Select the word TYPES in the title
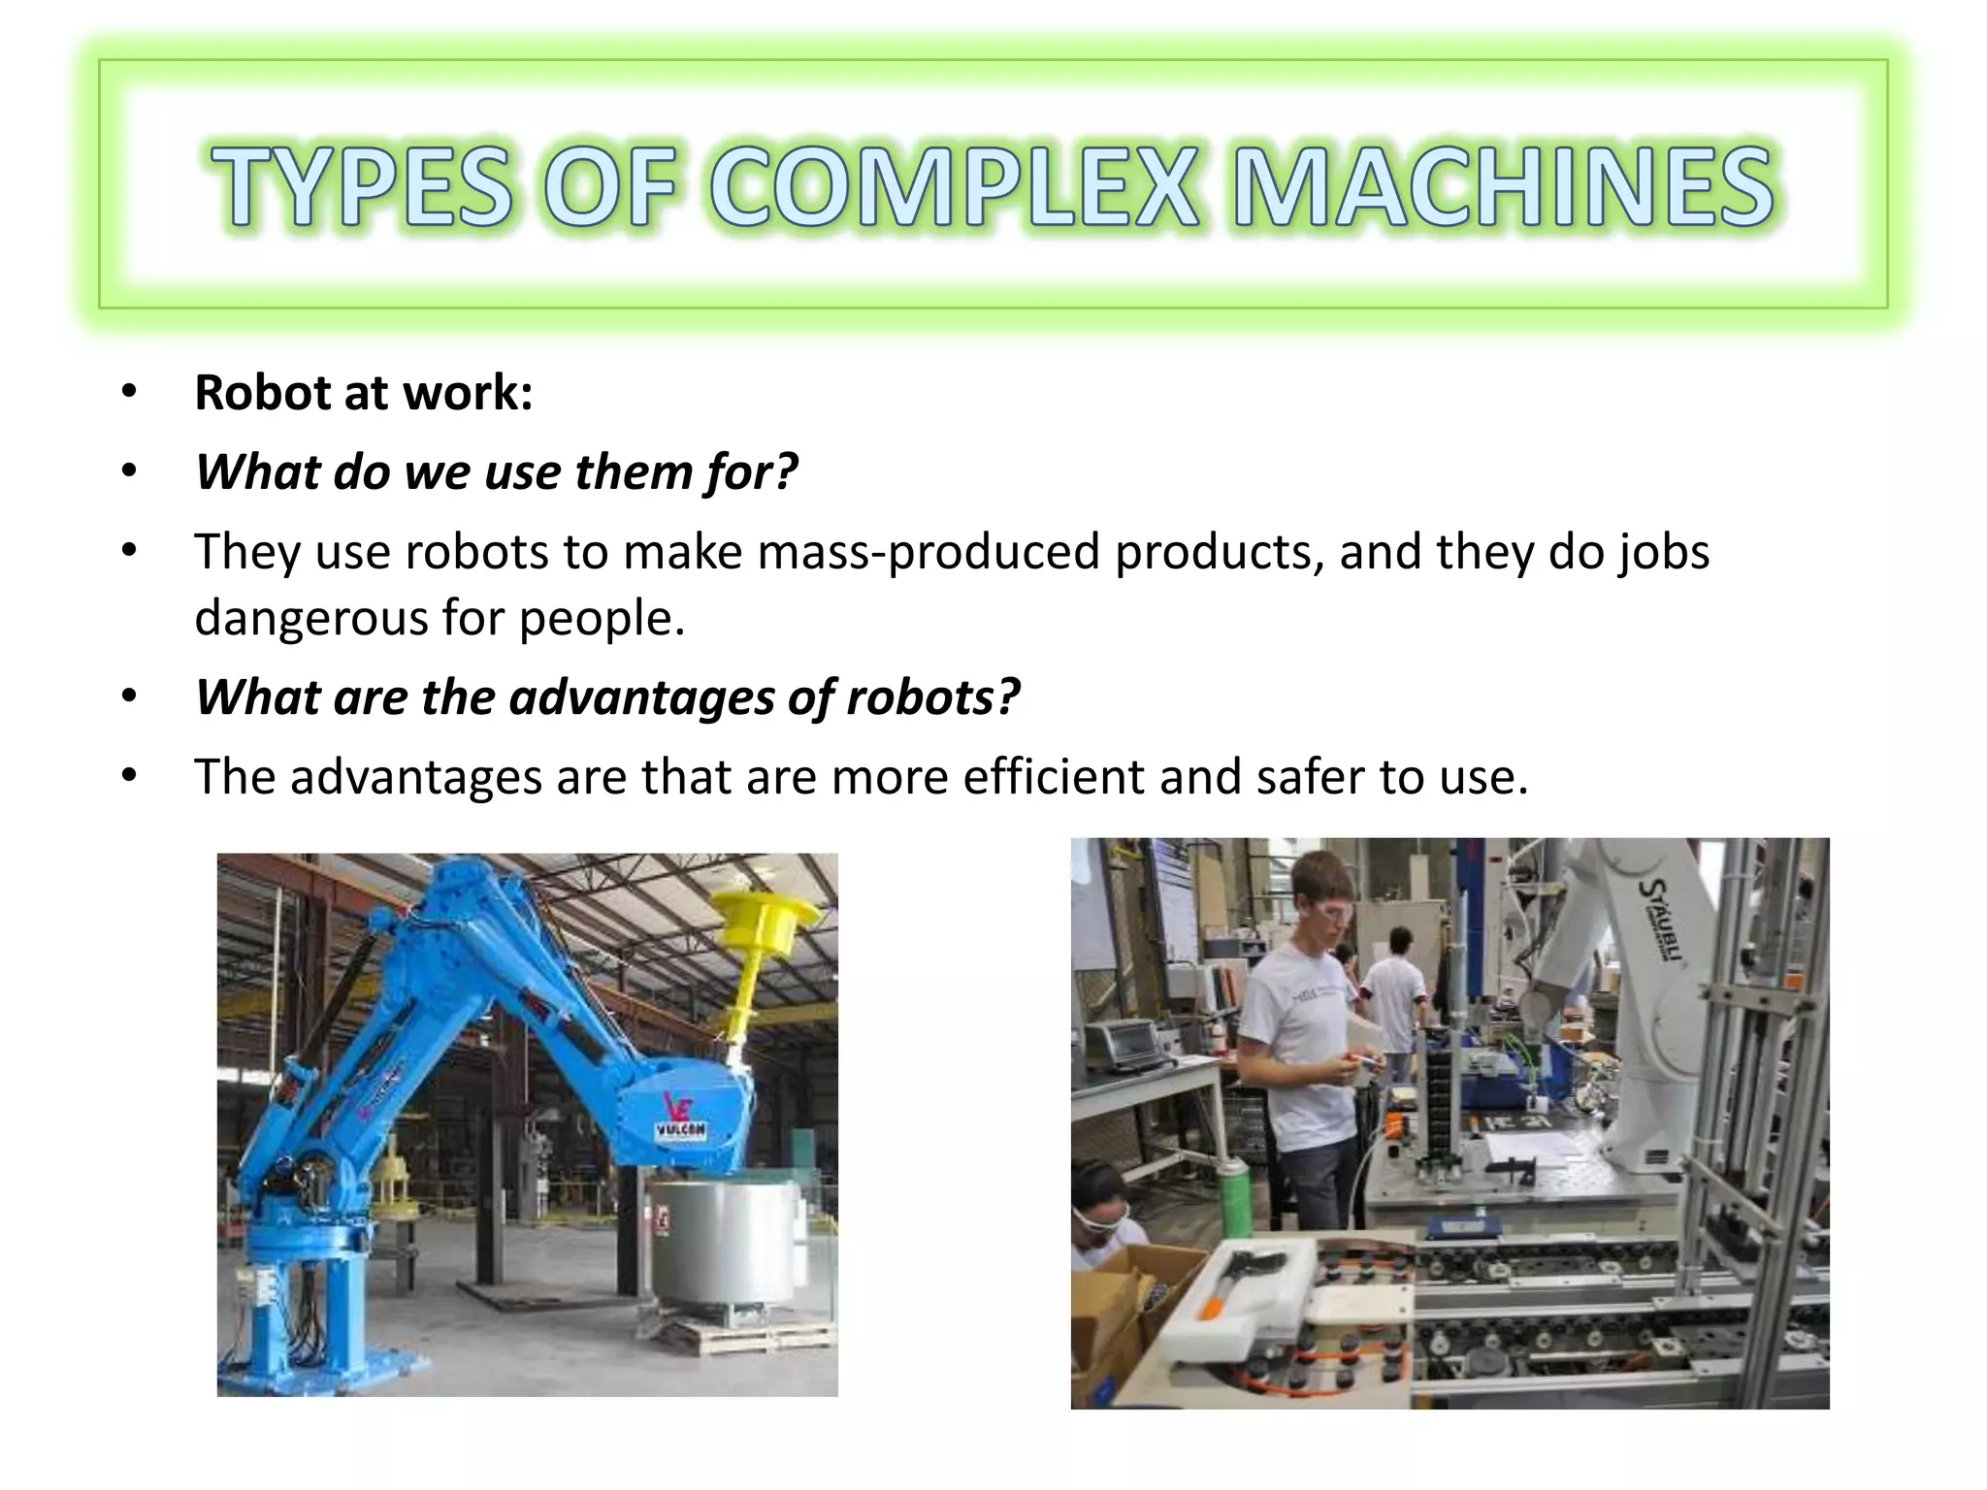[360, 187]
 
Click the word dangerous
[310, 617]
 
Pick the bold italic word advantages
[640, 696]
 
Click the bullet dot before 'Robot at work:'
[129, 393]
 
